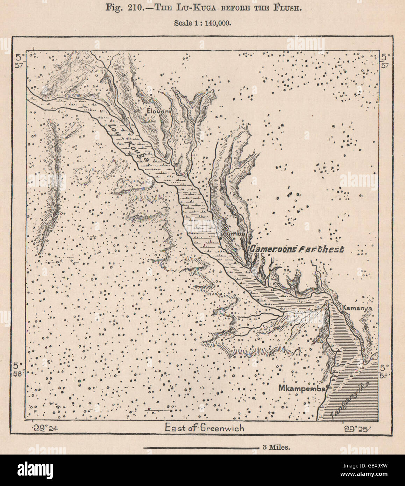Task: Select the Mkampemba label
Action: tap(303, 388)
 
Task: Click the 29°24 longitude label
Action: tap(44, 428)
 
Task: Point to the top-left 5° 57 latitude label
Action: tap(19, 60)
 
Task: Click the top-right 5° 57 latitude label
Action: tap(385, 60)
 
